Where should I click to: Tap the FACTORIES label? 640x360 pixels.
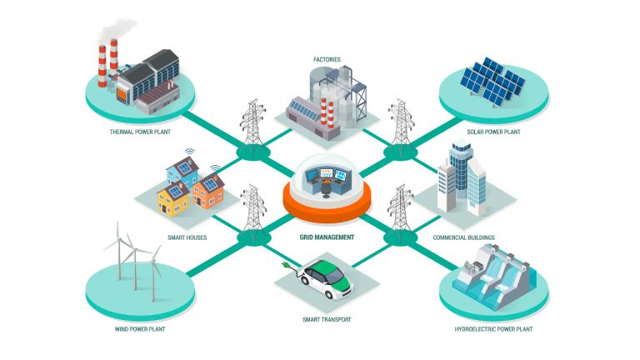tap(327, 59)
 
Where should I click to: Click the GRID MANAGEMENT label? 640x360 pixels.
tap(327, 237)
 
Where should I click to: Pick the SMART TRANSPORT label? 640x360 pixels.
tap(327, 319)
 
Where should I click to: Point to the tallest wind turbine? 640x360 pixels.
tap(118, 250)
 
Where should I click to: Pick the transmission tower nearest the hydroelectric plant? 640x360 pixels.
tap(401, 213)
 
